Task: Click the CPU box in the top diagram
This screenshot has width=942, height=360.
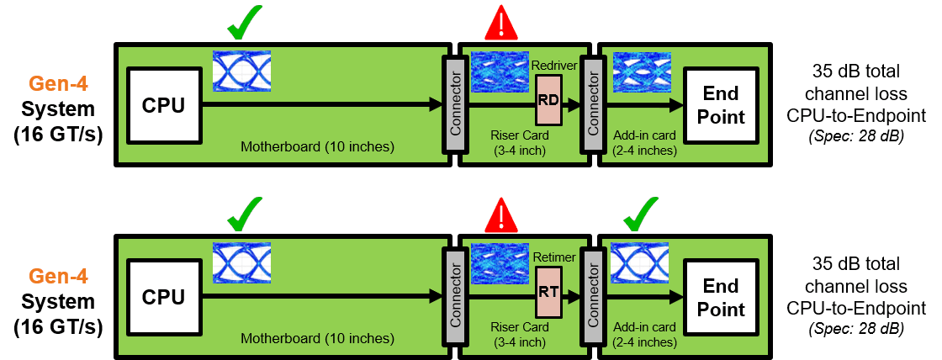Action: pyautogui.click(x=165, y=105)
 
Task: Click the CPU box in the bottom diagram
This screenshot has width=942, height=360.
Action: pyautogui.click(x=165, y=297)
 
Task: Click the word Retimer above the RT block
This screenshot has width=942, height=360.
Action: pyautogui.click(x=553, y=256)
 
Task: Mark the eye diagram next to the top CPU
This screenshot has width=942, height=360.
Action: pyautogui.click(x=241, y=71)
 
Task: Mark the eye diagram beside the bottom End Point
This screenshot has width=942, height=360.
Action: pyautogui.click(x=641, y=263)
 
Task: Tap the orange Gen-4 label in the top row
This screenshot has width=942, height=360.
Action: pyautogui.click(x=58, y=84)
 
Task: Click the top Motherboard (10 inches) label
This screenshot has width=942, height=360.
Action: pyautogui.click(x=317, y=147)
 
